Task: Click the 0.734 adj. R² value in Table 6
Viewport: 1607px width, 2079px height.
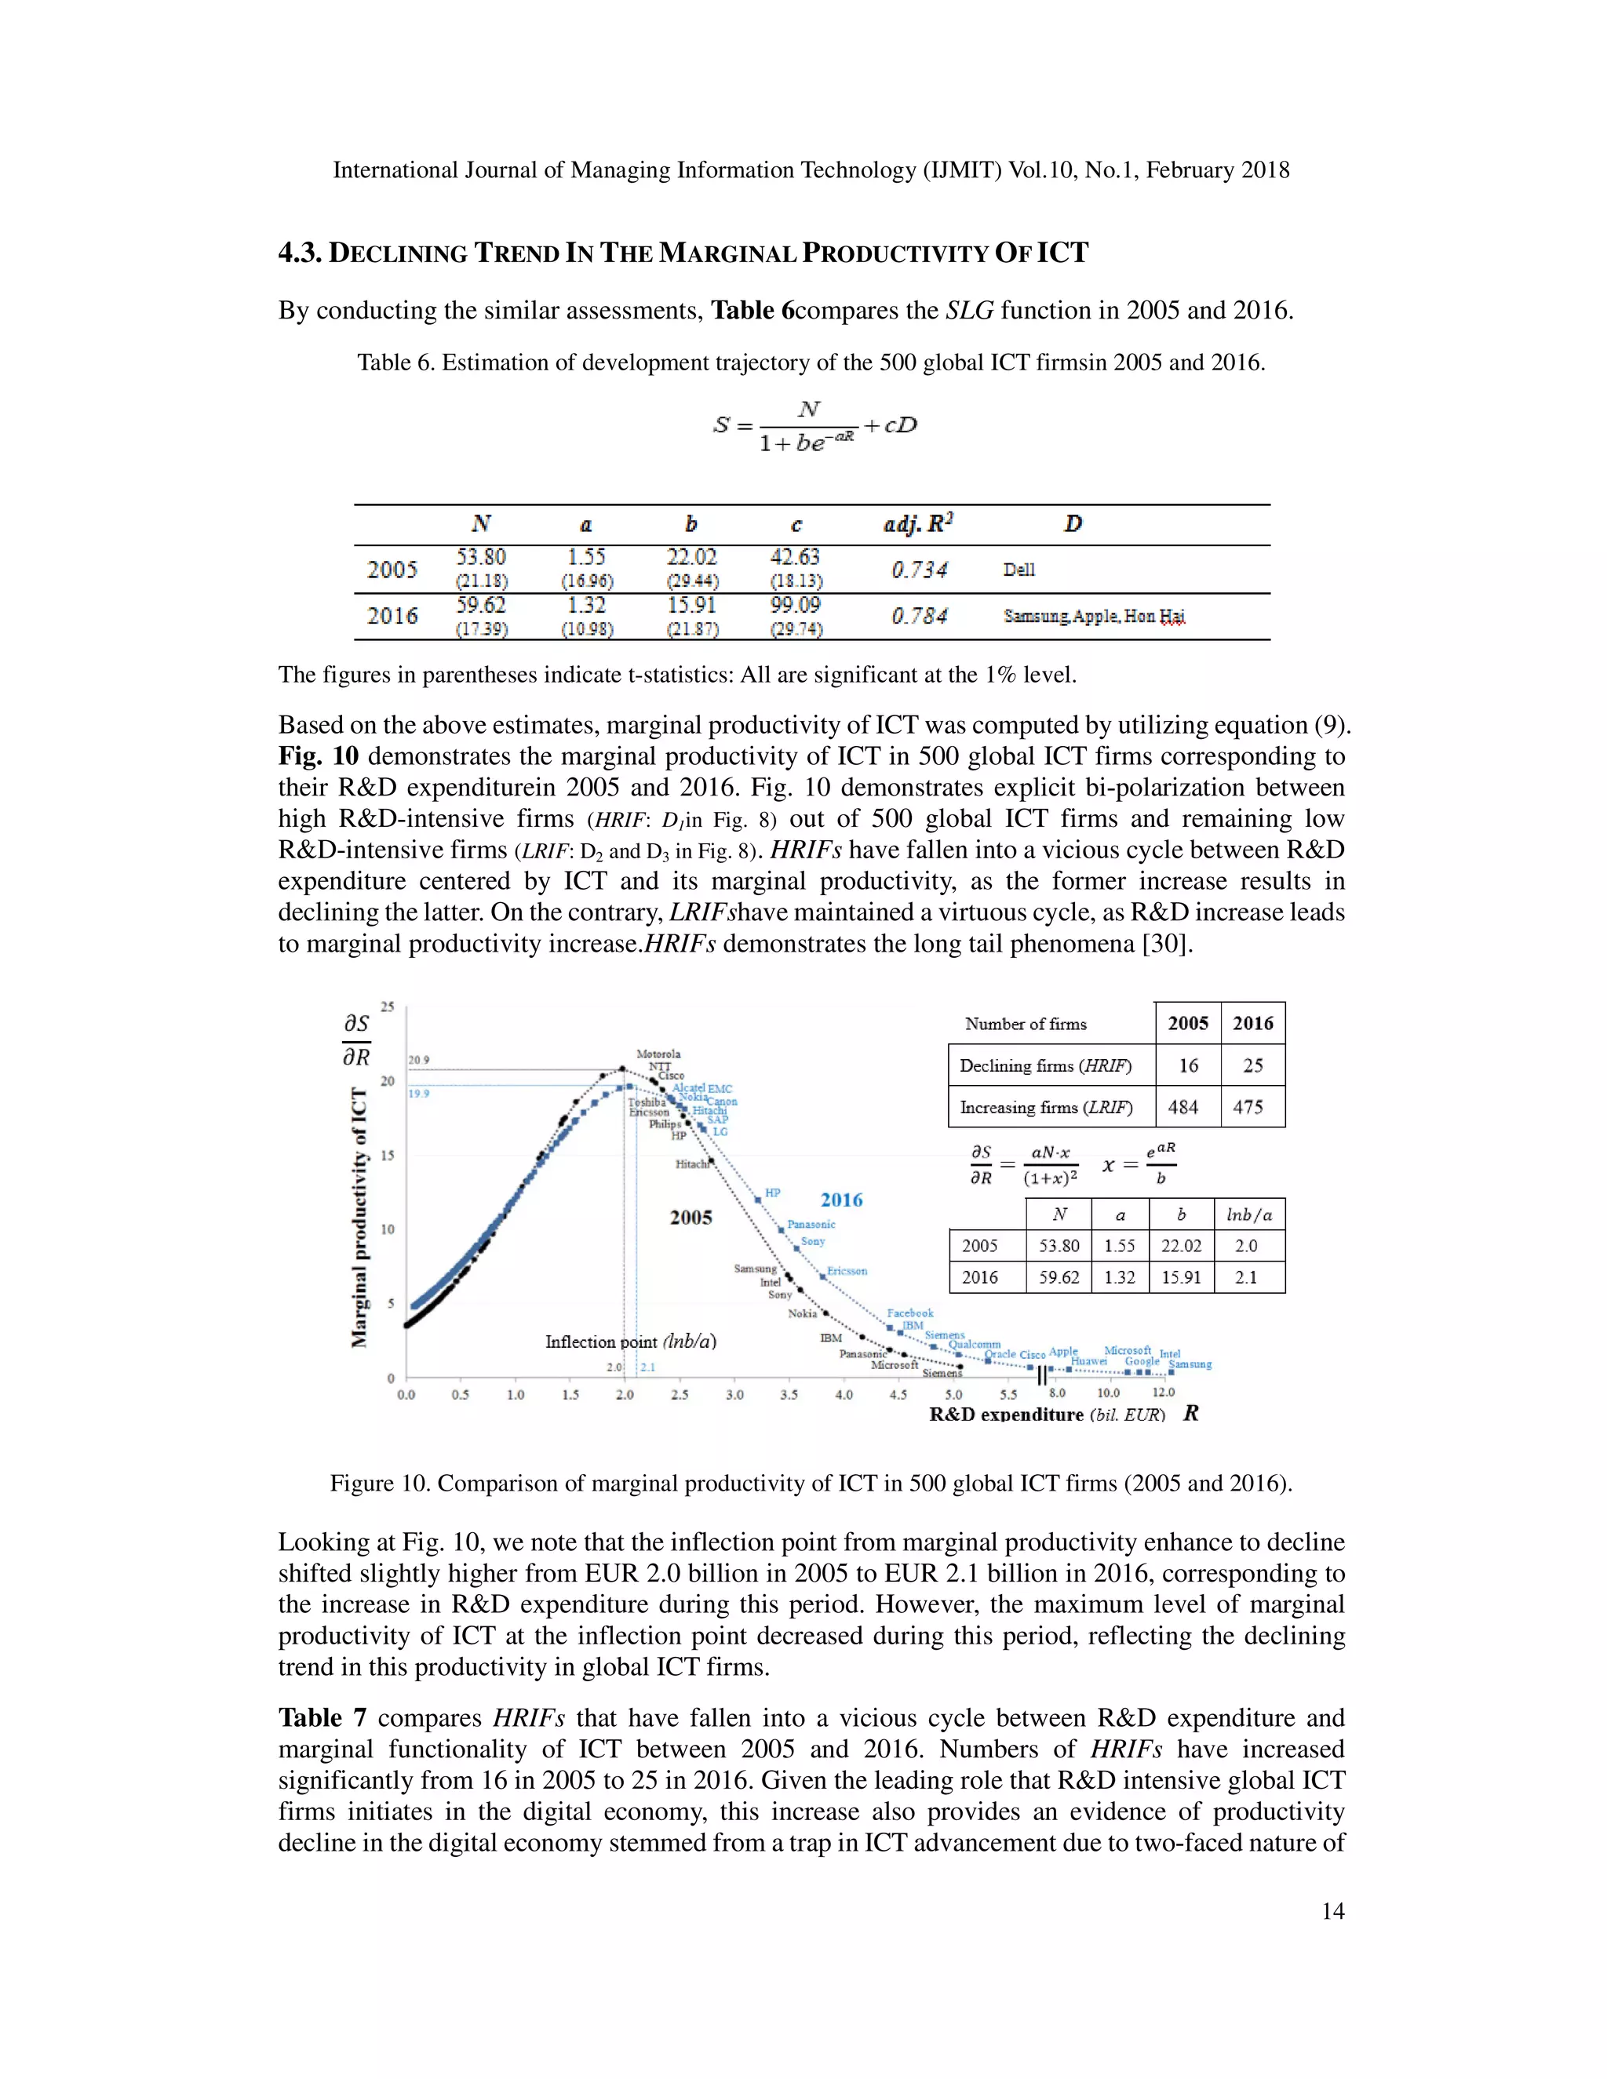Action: coord(919,570)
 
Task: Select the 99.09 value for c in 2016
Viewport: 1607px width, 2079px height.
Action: coord(795,606)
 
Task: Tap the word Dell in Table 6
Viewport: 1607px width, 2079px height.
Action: coord(1018,570)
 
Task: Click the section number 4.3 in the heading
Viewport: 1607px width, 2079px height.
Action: coord(299,253)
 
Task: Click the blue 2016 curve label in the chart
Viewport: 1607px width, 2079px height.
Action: coord(842,1200)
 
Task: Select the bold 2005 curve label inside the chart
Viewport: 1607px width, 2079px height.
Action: coord(691,1218)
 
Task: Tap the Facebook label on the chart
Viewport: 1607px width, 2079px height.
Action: coord(910,1313)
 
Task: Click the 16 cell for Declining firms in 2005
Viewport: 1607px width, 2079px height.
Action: coord(1188,1065)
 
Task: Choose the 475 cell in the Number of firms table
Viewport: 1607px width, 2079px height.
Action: coord(1248,1107)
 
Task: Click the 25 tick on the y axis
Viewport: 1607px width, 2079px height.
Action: coord(388,1007)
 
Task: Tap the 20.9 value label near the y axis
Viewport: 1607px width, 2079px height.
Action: coord(418,1059)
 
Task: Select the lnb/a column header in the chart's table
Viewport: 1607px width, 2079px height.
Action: coord(1249,1214)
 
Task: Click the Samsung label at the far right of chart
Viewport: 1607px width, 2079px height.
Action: coord(1190,1364)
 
